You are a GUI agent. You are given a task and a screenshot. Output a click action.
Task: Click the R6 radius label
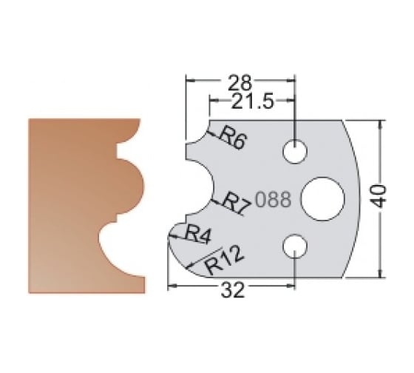click(231, 138)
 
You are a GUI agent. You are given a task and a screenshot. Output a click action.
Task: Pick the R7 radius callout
click(238, 200)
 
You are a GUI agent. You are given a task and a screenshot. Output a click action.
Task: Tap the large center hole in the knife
click(322, 198)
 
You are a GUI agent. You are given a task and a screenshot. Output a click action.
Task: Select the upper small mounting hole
click(294, 151)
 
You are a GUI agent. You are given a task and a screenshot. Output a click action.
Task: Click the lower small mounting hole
click(294, 244)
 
